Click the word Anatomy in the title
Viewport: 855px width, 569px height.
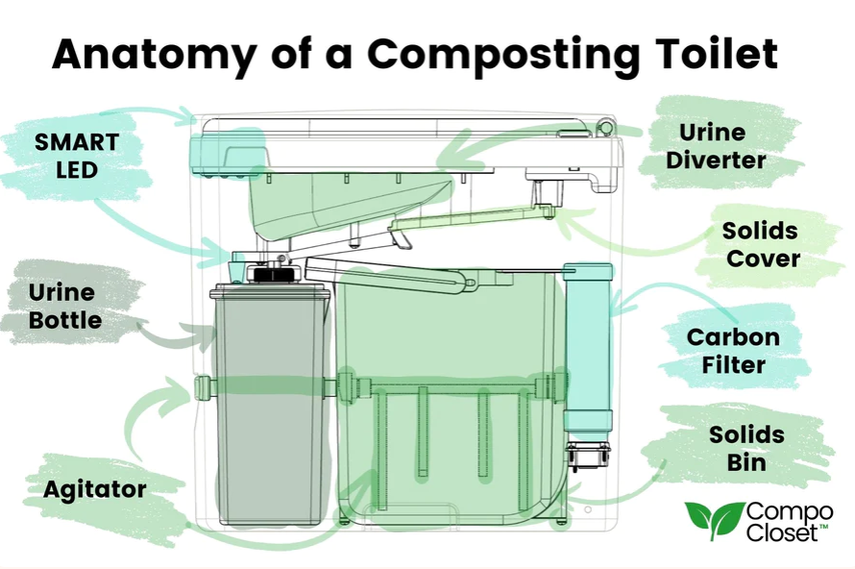(x=155, y=55)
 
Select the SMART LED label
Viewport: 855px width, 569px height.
(x=77, y=156)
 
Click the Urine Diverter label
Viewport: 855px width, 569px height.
(x=716, y=146)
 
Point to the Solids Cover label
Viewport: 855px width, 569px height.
(x=761, y=244)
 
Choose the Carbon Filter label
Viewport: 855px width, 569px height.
(x=733, y=351)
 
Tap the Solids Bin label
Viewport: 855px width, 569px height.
(x=746, y=449)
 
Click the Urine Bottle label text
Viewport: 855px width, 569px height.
(x=65, y=306)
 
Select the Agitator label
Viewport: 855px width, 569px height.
(x=95, y=489)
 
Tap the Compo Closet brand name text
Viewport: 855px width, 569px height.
(x=790, y=522)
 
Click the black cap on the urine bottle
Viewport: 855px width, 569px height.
(x=271, y=273)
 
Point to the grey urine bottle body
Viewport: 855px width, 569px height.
(x=271, y=405)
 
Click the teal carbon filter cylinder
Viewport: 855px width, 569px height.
(x=588, y=348)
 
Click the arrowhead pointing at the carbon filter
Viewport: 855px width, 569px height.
(x=618, y=303)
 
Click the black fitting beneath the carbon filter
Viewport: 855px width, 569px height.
(x=587, y=457)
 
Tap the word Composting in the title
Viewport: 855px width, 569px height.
(x=501, y=55)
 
